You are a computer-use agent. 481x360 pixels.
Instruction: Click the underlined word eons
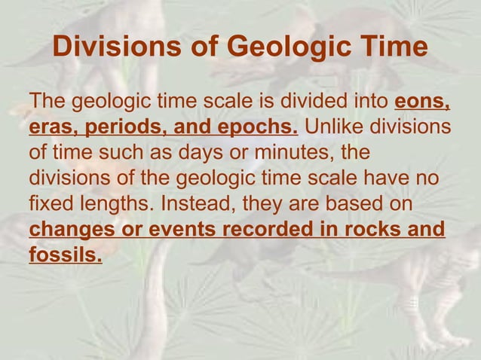point(424,100)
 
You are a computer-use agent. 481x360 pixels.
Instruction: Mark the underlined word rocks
point(370,229)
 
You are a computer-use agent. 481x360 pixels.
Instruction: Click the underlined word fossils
point(65,255)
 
